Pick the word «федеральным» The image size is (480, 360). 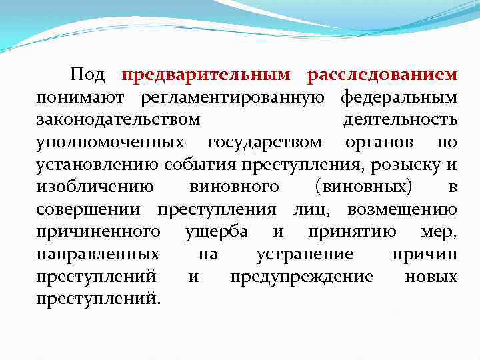click(399, 98)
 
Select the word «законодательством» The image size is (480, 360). click(118, 120)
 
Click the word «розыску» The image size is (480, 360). click(410, 165)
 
